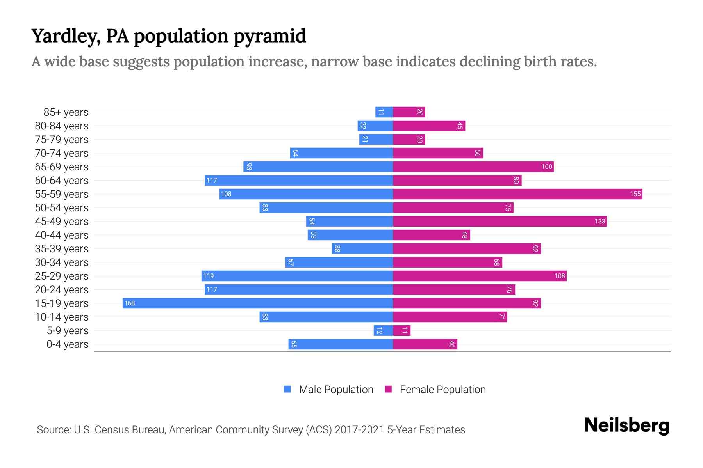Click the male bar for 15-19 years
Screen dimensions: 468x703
[x=258, y=303]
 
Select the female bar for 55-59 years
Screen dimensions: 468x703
[x=517, y=194]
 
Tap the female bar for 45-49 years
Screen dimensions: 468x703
[x=500, y=221]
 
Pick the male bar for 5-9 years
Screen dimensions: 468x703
[x=383, y=330]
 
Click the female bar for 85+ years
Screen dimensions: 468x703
[x=409, y=112]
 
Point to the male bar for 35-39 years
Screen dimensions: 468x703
[x=362, y=248]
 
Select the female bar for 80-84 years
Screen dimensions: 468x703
[x=429, y=126]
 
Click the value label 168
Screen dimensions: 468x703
[x=130, y=303]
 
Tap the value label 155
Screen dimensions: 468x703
[x=635, y=194]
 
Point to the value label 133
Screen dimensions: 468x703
[x=600, y=221]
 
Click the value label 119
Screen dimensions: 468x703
[x=209, y=276]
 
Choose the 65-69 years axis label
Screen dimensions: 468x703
[x=62, y=167]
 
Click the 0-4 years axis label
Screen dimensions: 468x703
[x=67, y=344]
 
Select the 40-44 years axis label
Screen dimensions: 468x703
[x=62, y=235]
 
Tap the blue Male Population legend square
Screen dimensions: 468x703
[x=287, y=389]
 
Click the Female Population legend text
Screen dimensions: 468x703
[x=442, y=389]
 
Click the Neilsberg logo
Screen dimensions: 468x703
[x=626, y=425]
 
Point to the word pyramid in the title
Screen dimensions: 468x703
[x=270, y=36]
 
